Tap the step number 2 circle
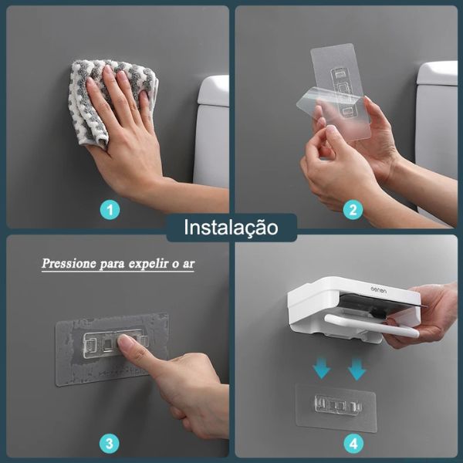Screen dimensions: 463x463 353,209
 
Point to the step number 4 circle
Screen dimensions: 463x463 353,443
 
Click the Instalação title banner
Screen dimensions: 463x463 231,228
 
